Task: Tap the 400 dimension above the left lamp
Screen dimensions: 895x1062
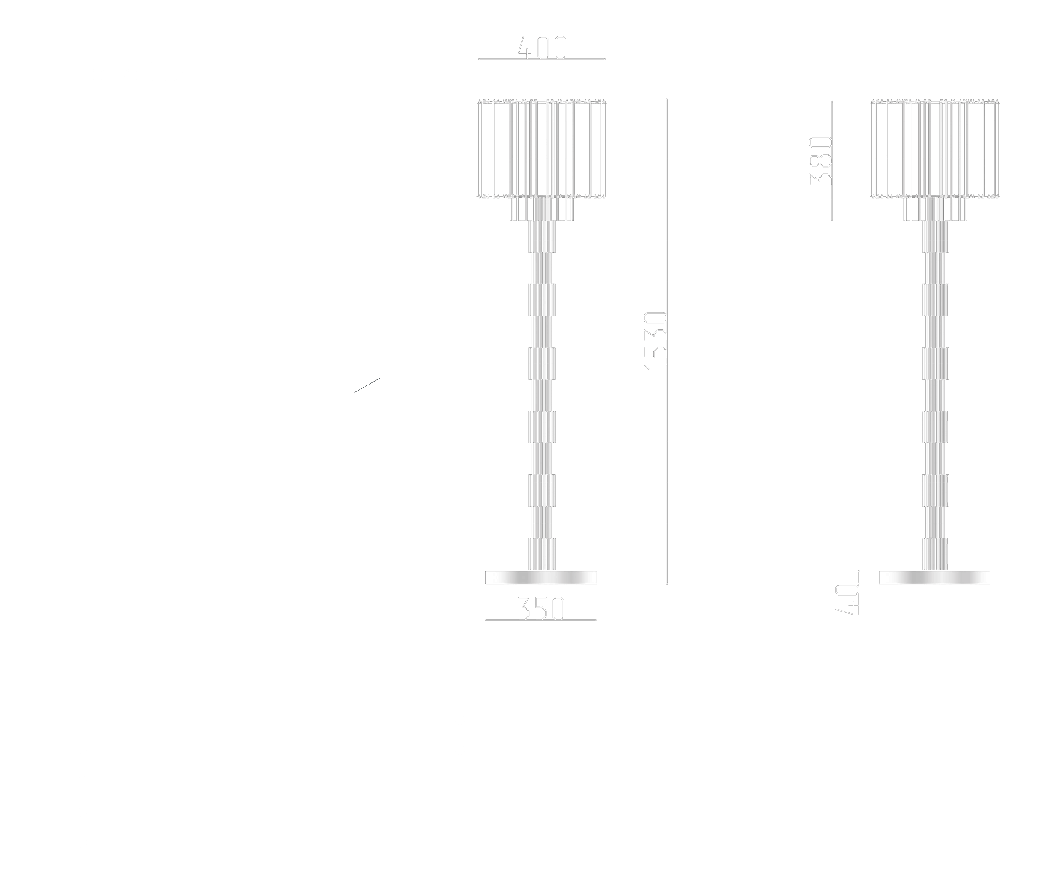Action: [x=542, y=49]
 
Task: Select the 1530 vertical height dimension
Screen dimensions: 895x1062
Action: [x=656, y=340]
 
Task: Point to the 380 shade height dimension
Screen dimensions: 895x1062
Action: [x=820, y=160]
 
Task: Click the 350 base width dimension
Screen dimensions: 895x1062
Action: [x=541, y=609]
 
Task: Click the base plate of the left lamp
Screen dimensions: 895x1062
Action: [x=541, y=577]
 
